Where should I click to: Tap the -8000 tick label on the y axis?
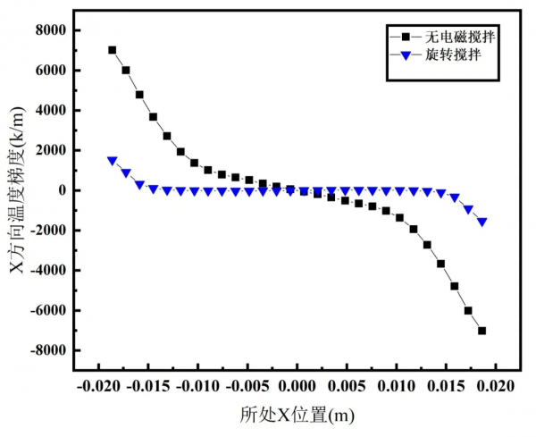click(x=46, y=350)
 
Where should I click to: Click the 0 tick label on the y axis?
click(x=62, y=190)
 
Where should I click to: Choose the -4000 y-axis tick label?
click(x=46, y=271)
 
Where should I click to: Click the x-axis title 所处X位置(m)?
click(x=297, y=416)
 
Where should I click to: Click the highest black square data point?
click(x=113, y=50)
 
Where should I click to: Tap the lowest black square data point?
click(x=482, y=331)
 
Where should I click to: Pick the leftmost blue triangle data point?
click(x=113, y=161)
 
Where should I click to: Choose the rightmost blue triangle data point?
click(x=482, y=222)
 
